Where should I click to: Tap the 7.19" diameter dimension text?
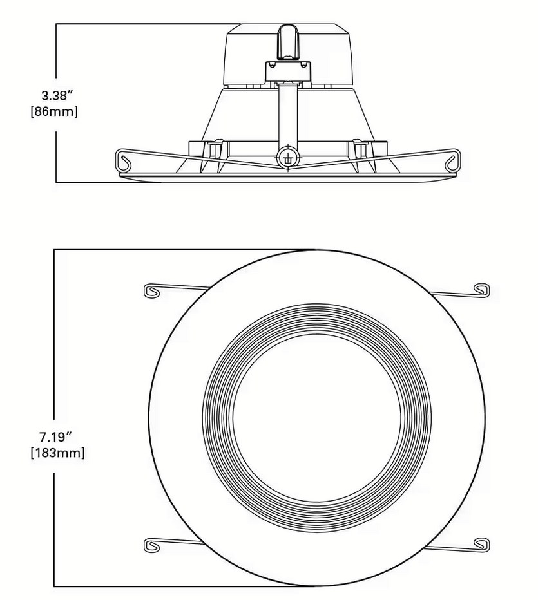[x=57, y=436]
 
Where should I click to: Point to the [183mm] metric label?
[x=57, y=453]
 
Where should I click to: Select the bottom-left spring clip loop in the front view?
[x=152, y=544]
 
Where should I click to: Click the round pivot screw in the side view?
[x=287, y=157]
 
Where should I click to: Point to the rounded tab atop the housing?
[x=287, y=40]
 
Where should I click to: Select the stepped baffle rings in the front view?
[x=219, y=418]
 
